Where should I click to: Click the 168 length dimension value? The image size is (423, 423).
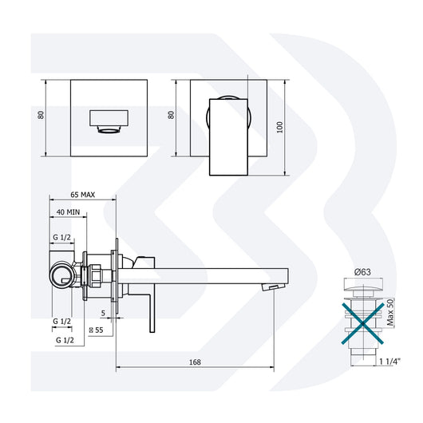[196, 362]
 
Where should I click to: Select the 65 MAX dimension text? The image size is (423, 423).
[84, 194]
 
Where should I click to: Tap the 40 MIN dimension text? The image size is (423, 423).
[68, 211]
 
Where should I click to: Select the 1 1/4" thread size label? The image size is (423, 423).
[388, 362]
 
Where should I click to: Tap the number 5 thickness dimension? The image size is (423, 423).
[104, 313]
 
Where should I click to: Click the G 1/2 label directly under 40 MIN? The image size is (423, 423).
[62, 238]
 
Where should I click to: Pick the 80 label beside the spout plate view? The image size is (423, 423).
[40, 115]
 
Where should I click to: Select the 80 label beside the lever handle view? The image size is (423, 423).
[170, 115]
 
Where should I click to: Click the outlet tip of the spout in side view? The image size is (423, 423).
[275, 285]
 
